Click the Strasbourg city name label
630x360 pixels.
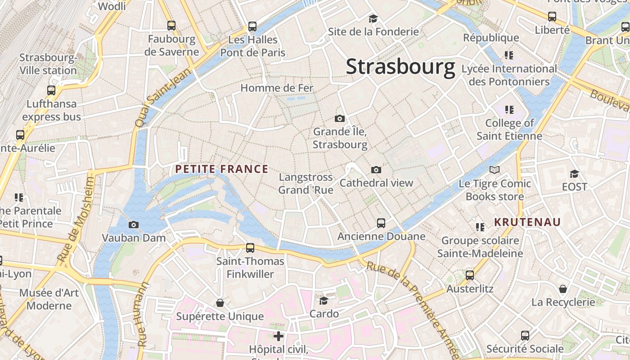(400, 67)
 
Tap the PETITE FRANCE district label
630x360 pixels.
(221, 169)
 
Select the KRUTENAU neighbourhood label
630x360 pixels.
(527, 222)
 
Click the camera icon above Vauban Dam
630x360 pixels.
(134, 225)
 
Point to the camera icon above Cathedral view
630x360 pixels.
(376, 170)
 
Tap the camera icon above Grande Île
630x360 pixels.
(340, 118)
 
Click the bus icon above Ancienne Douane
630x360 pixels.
(381, 223)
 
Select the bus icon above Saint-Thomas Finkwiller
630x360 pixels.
(250, 247)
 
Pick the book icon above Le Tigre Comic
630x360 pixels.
(495, 170)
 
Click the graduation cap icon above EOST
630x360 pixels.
(574, 174)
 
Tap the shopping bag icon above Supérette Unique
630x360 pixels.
(220, 303)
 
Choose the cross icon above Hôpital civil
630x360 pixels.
(279, 336)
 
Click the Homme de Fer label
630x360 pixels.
(277, 88)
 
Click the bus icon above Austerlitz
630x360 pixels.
(470, 275)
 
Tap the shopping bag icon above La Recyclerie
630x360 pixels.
(563, 288)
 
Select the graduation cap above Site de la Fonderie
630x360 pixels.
(373, 18)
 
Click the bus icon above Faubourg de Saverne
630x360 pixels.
(171, 25)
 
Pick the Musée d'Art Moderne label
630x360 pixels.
(49, 299)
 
